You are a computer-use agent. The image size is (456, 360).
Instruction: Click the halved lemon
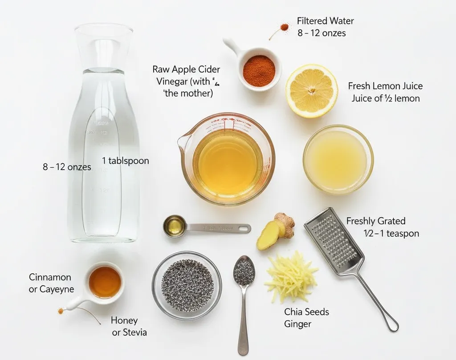(311, 91)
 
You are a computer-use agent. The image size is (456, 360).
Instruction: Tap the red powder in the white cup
(259, 71)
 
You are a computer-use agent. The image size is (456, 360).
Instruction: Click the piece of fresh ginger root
(276, 231)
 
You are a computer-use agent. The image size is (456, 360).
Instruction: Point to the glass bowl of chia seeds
(187, 285)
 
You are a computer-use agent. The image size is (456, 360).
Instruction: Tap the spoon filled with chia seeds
(244, 272)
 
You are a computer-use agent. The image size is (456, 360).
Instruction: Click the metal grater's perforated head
(333, 241)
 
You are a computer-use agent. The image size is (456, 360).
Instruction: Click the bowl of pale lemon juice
(338, 159)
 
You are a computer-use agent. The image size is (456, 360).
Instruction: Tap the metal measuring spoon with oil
(175, 226)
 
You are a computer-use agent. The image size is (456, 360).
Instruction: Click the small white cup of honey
(105, 282)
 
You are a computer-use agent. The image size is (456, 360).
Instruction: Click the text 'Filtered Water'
(325, 21)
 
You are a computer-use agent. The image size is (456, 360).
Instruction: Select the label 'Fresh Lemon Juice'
(385, 86)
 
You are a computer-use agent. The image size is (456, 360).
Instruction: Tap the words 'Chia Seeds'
(306, 312)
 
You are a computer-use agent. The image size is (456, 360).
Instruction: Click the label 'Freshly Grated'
(376, 221)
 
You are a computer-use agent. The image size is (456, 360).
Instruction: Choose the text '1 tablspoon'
(126, 161)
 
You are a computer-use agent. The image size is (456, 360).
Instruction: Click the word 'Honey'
(124, 320)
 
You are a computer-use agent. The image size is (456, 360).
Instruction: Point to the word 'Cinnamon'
(50, 277)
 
